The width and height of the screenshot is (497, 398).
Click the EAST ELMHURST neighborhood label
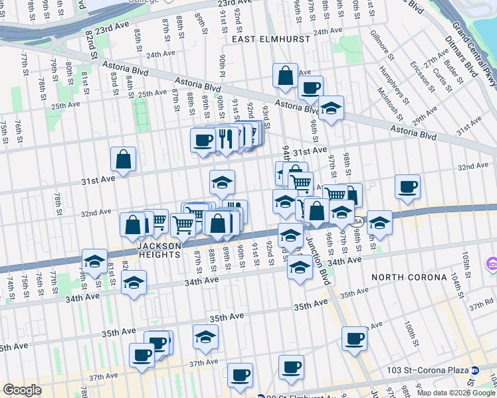(271, 40)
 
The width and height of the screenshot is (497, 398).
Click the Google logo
(22, 389)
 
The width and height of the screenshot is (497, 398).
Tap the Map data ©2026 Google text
(456, 393)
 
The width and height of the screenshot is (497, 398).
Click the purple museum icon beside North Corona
(492, 265)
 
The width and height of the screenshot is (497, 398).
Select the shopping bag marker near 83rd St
(124, 159)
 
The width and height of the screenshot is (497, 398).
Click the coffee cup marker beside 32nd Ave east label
(407, 186)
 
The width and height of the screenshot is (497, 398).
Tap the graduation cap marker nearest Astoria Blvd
(330, 107)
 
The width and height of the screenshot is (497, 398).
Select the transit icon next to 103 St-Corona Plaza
(475, 369)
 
